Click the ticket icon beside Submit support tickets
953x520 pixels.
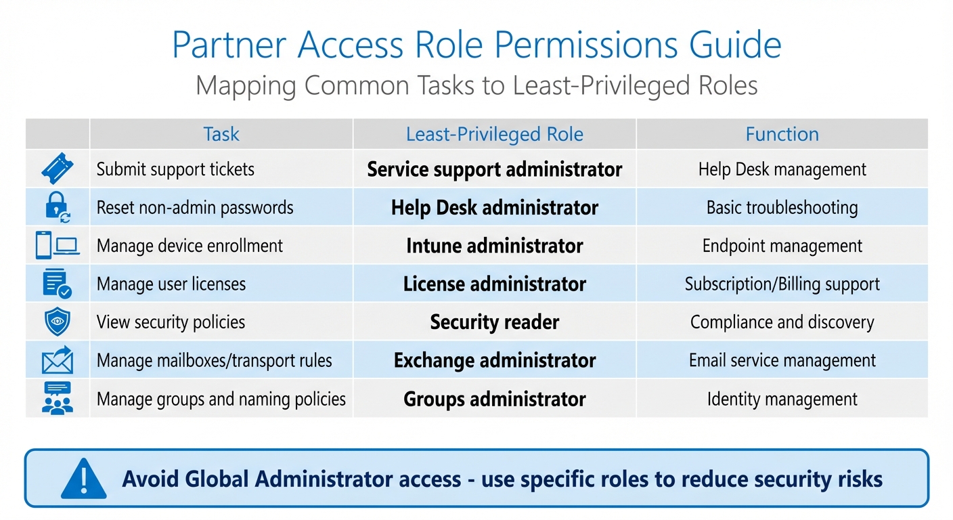coord(57,169)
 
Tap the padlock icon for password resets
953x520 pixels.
coord(57,207)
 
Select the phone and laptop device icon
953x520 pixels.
coord(57,245)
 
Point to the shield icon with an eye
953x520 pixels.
coord(57,322)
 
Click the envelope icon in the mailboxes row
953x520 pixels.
coord(57,360)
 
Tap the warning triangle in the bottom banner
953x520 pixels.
coord(83,479)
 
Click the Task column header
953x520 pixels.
coord(221,134)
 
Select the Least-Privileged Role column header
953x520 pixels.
coord(494,134)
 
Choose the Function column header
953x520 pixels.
coord(782,134)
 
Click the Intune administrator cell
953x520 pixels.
coord(494,246)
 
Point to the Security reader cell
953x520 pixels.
coord(494,322)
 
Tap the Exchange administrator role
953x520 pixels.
coord(494,360)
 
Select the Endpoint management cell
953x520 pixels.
coord(782,246)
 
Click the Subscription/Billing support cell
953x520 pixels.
coord(782,284)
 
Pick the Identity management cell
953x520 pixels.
coord(782,399)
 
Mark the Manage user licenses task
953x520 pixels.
coord(171,284)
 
